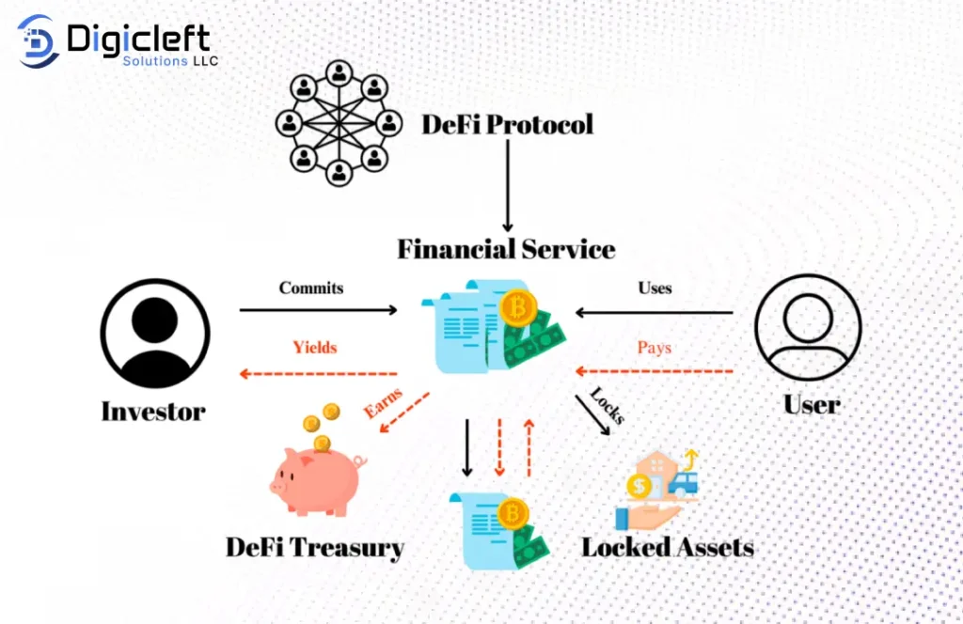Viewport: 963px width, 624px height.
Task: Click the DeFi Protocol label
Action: tap(507, 124)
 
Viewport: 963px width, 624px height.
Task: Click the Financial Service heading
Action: tap(506, 250)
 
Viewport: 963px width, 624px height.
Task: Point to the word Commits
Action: tap(311, 288)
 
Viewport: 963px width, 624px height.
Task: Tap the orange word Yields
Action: tap(315, 347)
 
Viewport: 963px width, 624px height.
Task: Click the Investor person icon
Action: tap(155, 333)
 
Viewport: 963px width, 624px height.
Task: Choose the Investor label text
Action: tap(153, 411)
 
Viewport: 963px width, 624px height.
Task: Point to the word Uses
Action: tap(655, 288)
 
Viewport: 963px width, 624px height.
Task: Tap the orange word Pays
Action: tap(655, 347)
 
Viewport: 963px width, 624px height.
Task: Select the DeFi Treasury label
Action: tap(315, 548)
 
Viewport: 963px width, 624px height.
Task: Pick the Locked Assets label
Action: tap(668, 547)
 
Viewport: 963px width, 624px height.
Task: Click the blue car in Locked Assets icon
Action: tap(685, 483)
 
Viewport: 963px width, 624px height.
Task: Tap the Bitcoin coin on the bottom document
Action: tap(513, 513)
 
